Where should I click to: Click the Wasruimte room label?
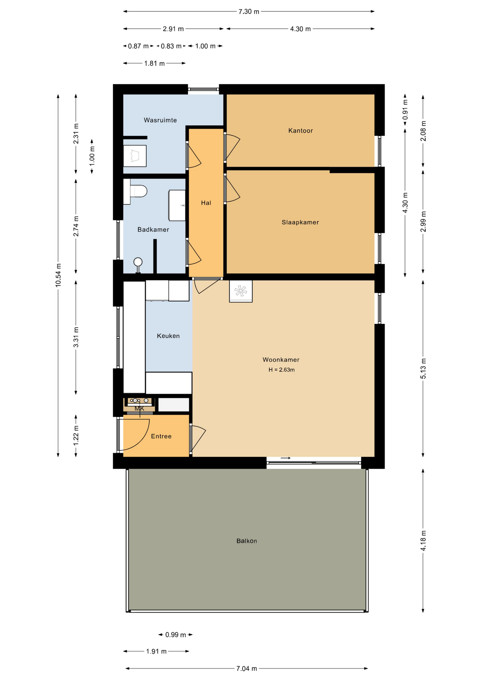coord(160,120)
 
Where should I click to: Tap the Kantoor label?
coord(300,131)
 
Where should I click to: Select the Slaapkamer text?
coord(300,222)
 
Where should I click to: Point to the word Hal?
coord(206,203)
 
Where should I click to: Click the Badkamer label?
coord(153,229)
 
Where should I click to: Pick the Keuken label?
coord(168,336)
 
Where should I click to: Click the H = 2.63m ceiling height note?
coord(281,370)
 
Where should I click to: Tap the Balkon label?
coord(247,541)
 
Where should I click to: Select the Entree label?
coord(161,436)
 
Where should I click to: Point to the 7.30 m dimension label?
coord(249,12)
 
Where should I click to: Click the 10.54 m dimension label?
coord(58,275)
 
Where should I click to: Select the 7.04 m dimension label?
coord(247,668)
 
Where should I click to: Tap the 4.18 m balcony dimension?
coord(423,540)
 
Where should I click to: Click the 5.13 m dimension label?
coord(423,368)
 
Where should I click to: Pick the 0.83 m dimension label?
coord(171,46)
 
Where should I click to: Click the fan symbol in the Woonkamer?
coord(241,291)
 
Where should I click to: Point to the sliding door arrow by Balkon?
coord(285,458)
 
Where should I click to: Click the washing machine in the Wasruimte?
coord(135,156)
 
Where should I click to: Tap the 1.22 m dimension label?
coord(76,436)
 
